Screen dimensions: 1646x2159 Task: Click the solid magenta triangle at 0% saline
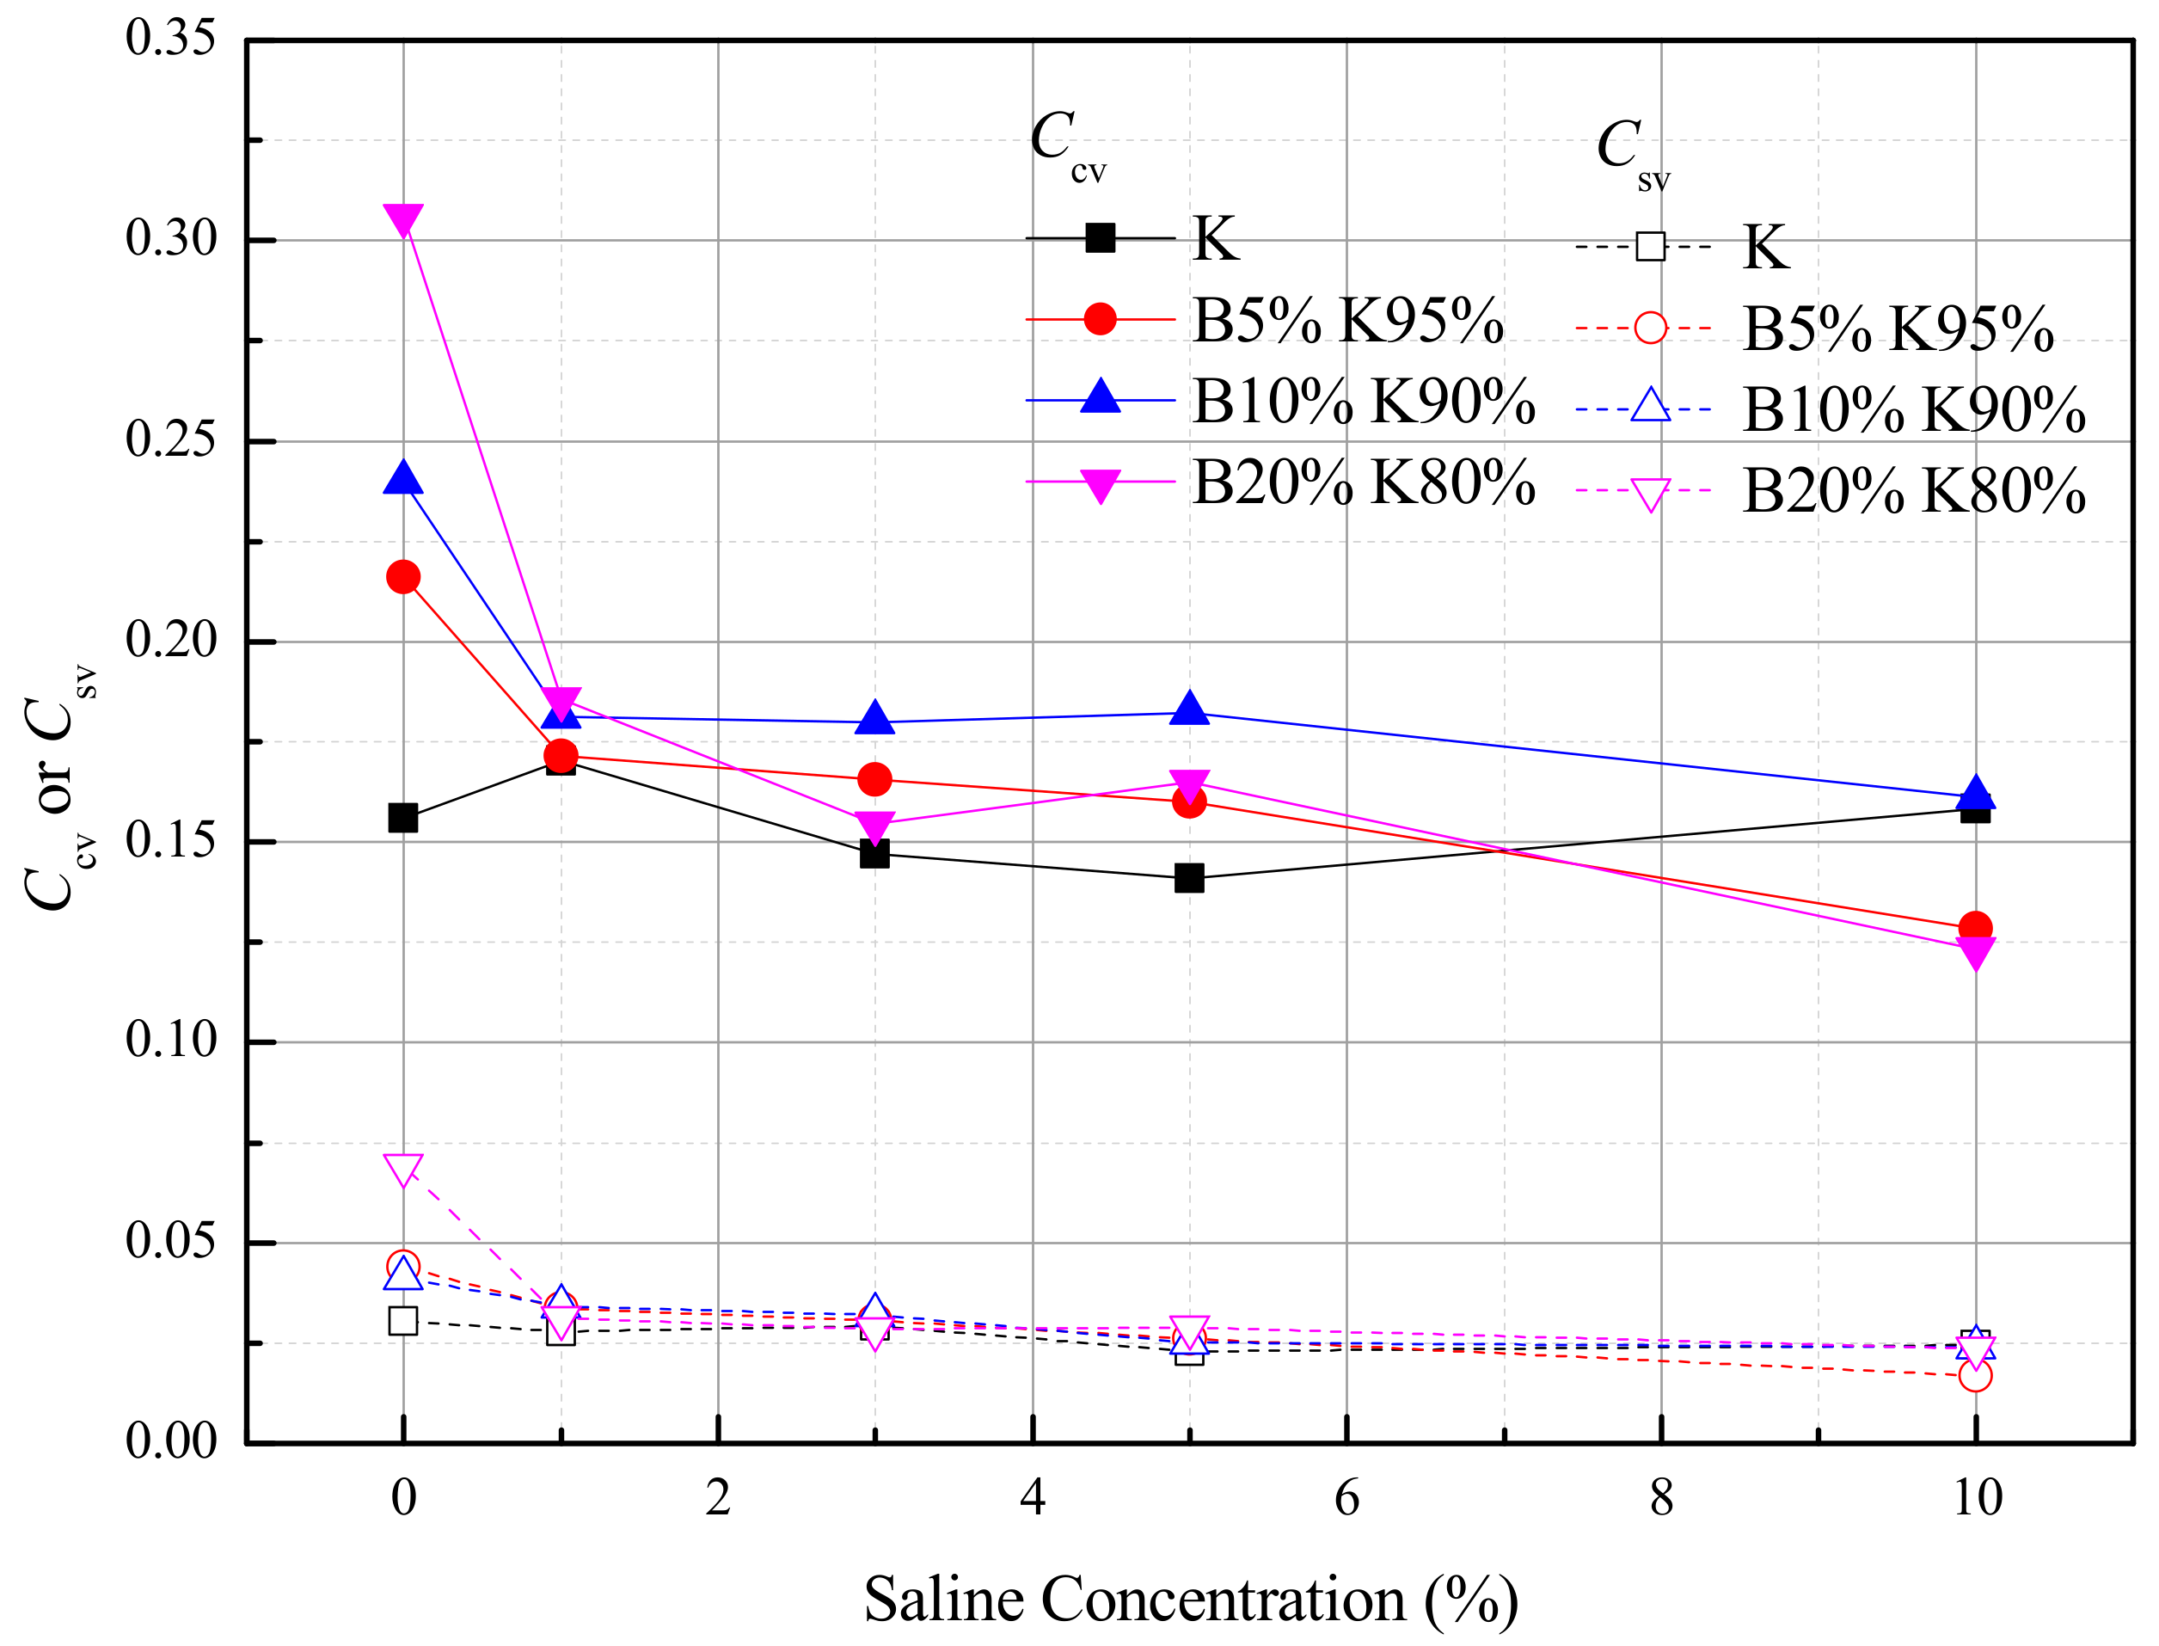pos(402,218)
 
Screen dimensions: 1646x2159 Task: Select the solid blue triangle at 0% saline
pos(402,480)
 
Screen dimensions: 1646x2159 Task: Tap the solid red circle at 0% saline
pos(402,577)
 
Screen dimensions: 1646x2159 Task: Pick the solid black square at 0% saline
pos(402,818)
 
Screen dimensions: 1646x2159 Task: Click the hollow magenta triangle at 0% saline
pos(402,1169)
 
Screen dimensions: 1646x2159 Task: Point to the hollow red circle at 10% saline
pos(1975,1376)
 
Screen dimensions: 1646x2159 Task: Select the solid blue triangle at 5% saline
pos(1189,709)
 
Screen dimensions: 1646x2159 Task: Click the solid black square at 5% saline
pos(1189,878)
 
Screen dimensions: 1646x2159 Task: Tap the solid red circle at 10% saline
pos(1975,927)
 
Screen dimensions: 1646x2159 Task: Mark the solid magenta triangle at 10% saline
pos(1975,952)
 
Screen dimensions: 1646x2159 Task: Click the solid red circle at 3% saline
pos(874,780)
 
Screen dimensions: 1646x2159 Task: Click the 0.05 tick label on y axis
pos(170,1240)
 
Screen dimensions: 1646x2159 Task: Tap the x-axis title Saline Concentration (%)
pos(1190,1599)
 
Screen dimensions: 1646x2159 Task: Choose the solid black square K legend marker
pos(1100,238)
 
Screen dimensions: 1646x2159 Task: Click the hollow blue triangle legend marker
pos(1651,407)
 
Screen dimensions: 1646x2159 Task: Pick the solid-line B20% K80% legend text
pos(1363,483)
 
